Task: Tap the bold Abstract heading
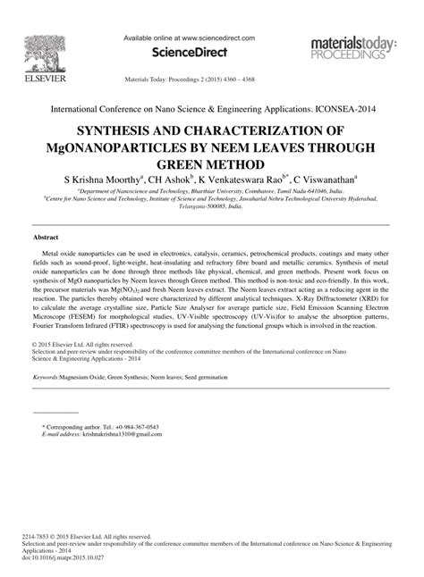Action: click(46, 238)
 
